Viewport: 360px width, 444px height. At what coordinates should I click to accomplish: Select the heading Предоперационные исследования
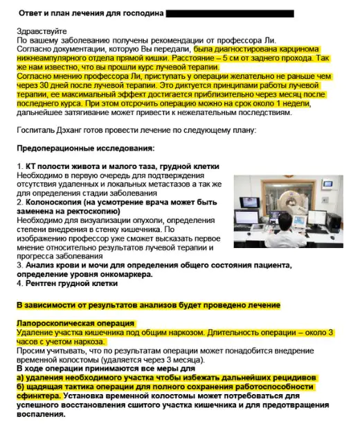point(85,148)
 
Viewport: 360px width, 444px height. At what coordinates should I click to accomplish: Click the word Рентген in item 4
point(43,283)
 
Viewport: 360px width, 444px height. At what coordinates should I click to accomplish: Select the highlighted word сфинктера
point(39,396)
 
